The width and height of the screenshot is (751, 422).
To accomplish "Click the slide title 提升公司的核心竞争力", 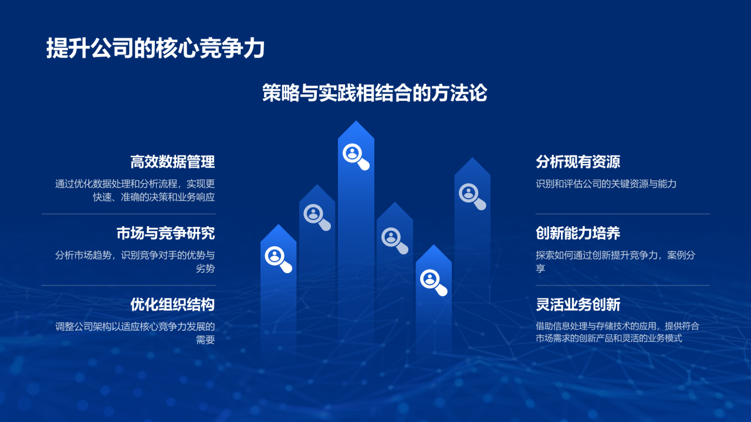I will coord(155,49).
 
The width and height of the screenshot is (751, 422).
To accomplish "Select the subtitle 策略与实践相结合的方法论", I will coord(375,93).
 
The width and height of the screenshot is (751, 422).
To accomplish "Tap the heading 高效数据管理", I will coord(172,162).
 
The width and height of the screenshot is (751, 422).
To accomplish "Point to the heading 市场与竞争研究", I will coord(165,233).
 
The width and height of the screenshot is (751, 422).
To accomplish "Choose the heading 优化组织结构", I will coord(172,305).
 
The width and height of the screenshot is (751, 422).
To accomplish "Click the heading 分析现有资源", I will coord(578,162).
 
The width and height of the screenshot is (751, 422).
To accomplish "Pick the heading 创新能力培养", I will coord(578,233).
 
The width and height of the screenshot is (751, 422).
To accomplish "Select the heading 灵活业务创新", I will coord(578,305).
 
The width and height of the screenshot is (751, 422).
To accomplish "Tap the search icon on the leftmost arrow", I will coord(278,258).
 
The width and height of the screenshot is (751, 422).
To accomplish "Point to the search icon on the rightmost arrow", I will coord(471,195).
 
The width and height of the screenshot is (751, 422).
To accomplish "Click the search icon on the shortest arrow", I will coord(432,281).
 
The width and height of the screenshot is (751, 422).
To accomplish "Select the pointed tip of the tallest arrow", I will coord(356,122).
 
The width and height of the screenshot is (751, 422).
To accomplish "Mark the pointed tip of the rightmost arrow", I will coord(472,159).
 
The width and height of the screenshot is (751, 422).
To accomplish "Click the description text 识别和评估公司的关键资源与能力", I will coord(606,184).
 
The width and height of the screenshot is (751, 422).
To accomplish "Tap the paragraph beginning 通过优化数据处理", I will coord(135,190).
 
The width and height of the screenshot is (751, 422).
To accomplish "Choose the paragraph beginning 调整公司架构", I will coord(135,333).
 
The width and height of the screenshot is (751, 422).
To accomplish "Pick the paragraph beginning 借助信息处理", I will coord(617,332).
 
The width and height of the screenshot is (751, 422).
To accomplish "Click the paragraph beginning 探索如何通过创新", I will coord(615,261).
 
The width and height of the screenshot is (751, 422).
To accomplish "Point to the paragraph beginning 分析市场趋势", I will coord(135,262).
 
